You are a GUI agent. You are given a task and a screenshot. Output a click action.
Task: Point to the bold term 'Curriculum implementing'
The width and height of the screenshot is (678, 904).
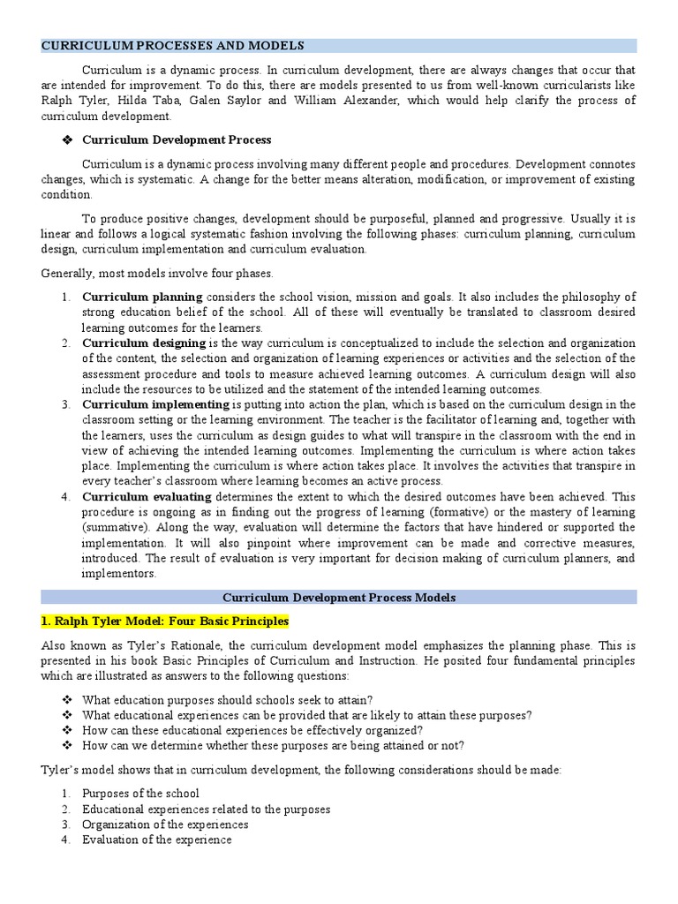point(155,404)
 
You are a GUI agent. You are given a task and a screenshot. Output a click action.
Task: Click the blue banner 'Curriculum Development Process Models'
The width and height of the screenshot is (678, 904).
point(338,598)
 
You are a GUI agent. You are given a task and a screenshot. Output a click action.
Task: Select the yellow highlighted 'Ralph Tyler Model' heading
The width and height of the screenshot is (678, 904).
point(165,621)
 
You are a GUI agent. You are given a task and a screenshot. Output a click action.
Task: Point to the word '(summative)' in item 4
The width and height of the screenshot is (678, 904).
point(116,527)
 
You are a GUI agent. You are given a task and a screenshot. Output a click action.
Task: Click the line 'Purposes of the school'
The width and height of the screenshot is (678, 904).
point(140,793)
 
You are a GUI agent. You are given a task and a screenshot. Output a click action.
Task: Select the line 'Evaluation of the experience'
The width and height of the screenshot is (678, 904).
point(156,840)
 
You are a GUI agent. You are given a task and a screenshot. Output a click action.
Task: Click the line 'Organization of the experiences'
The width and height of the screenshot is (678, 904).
point(165,824)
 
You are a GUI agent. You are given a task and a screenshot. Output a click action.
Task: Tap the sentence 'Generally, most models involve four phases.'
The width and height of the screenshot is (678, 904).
point(157,273)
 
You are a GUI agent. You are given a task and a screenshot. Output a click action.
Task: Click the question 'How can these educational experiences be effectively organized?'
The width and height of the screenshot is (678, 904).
point(252,730)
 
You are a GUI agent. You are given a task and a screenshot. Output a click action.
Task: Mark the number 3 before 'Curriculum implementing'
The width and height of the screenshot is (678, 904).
point(66,404)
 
